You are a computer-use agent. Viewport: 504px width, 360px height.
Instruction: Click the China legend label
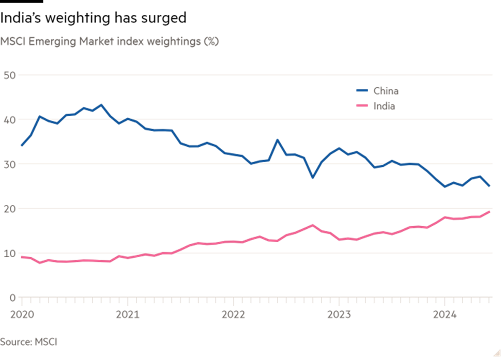point(386,91)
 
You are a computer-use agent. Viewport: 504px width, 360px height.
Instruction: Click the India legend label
point(384,106)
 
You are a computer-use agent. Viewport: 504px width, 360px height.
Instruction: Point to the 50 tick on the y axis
point(9,75)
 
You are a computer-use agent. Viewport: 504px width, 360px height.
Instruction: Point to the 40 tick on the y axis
point(9,120)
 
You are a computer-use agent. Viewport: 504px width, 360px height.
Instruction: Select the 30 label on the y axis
point(9,164)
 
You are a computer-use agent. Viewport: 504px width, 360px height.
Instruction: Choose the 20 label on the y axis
point(9,209)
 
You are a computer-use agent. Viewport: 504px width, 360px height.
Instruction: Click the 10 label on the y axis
point(9,253)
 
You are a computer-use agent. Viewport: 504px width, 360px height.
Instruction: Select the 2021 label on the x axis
point(127,315)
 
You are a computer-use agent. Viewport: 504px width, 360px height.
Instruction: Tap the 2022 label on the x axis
point(233,315)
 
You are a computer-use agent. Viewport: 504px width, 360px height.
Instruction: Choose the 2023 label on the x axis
point(339,315)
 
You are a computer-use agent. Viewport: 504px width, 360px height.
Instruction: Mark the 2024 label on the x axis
point(445,315)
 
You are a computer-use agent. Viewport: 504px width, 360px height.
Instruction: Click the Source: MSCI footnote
point(29,342)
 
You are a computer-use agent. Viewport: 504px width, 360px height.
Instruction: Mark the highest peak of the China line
point(101,105)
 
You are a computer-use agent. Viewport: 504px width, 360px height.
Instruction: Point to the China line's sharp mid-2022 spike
point(277,139)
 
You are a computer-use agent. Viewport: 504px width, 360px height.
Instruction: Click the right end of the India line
point(490,211)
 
